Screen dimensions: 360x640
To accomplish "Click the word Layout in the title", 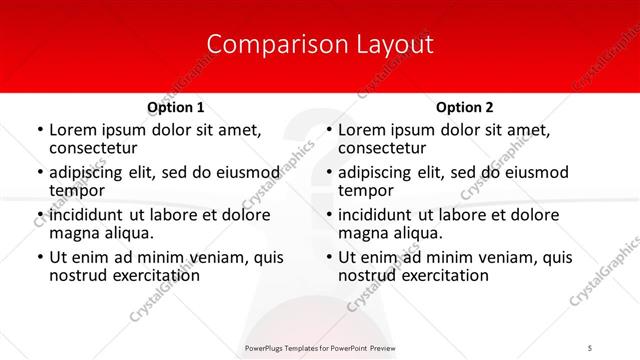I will (x=394, y=44).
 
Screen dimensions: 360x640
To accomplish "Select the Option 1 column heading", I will (x=176, y=107).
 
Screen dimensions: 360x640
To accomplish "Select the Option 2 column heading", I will (x=465, y=107).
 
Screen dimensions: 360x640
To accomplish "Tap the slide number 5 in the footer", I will (x=591, y=348).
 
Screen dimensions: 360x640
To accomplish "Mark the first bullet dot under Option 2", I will (x=329, y=131).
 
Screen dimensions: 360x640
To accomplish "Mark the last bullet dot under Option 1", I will (x=40, y=258).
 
